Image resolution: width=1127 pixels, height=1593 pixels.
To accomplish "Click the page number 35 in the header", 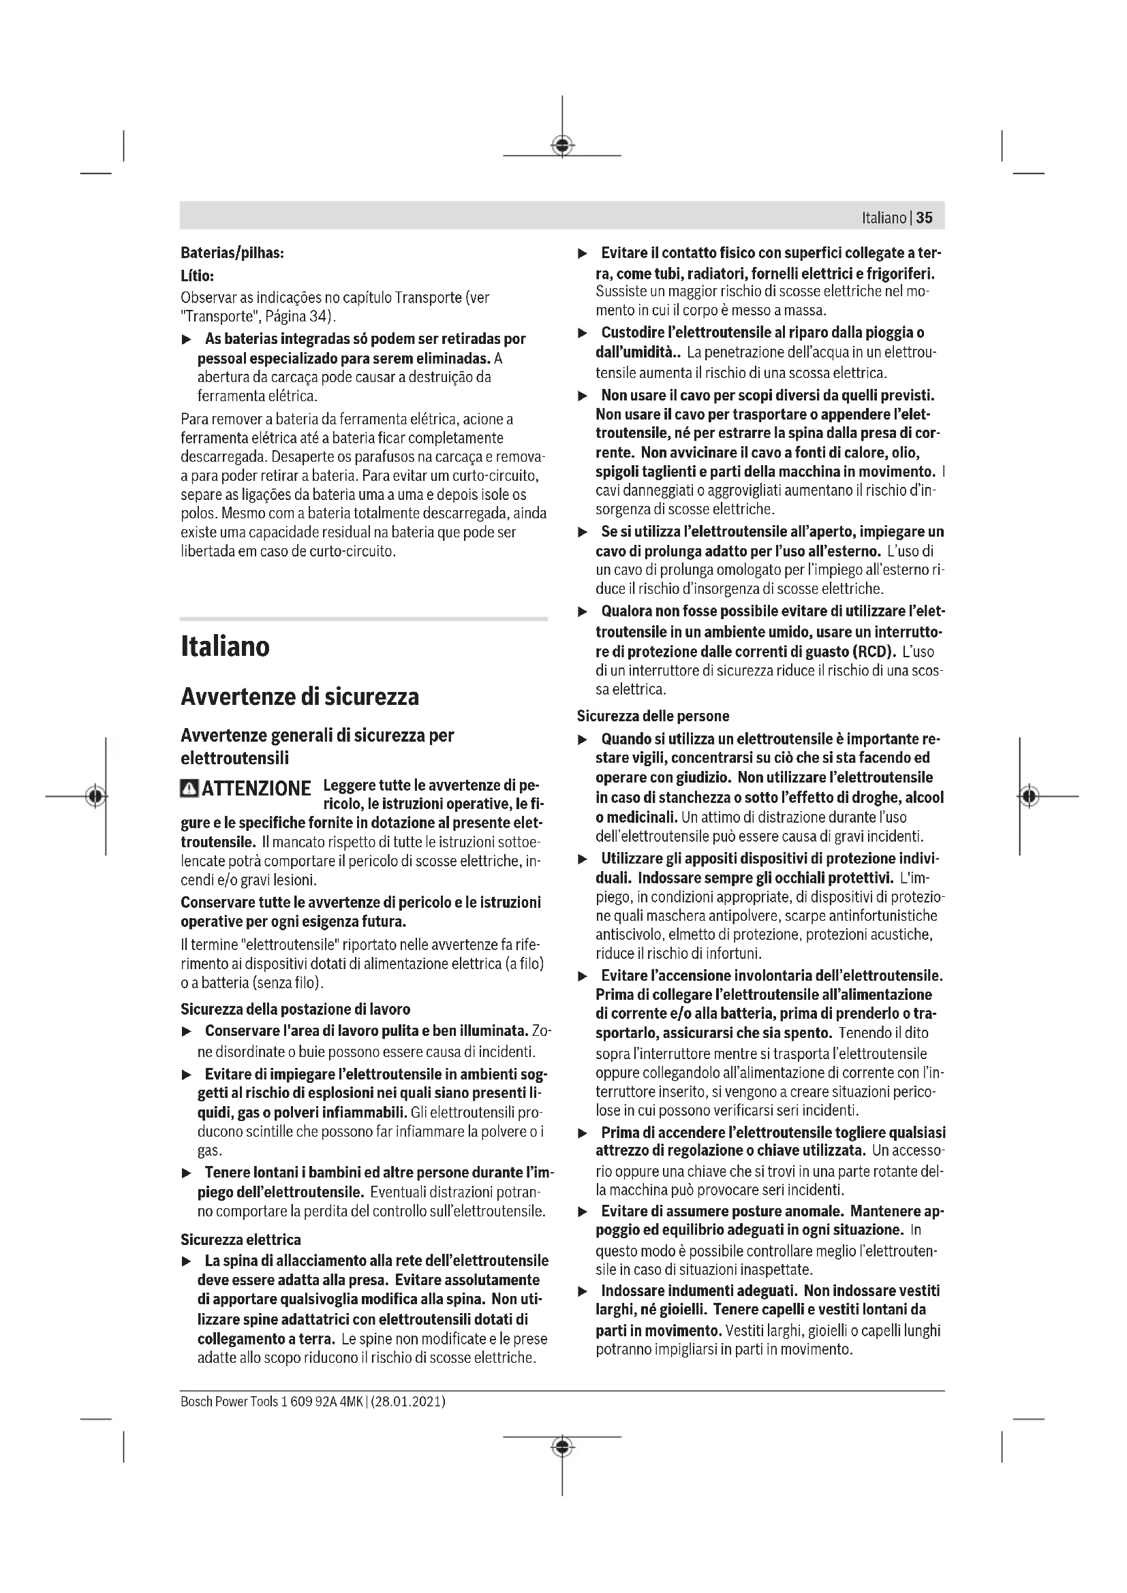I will point(925,218).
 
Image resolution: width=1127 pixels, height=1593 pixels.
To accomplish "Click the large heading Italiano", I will point(225,646).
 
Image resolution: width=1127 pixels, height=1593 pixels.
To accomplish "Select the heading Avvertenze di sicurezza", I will point(300,697).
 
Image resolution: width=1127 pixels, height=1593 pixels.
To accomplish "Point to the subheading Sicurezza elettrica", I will point(241,1239).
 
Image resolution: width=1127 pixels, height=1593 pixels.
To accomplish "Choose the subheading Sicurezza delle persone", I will point(653,716).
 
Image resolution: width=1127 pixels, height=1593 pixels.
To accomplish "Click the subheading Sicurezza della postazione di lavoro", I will point(295,1009).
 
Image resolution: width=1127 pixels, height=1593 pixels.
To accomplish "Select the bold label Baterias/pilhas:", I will point(232,253).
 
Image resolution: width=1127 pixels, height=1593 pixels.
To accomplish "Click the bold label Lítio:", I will point(197,275).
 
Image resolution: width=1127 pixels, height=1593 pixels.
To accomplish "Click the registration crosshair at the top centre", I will point(562,145).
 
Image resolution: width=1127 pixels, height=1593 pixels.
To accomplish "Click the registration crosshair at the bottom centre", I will point(562,1447).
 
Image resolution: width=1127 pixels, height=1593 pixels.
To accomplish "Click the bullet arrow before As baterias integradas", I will point(186,340).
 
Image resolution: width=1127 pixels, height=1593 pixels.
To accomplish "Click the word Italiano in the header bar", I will point(884,218).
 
